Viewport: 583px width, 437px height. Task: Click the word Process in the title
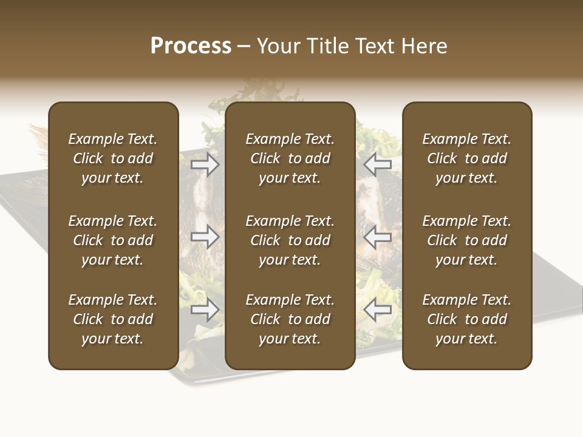click(191, 46)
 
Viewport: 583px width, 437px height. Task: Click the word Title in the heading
click(327, 46)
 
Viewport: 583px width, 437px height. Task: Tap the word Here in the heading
click(424, 46)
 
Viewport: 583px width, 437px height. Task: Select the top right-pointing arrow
click(205, 164)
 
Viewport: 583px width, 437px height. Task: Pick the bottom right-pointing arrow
click(205, 310)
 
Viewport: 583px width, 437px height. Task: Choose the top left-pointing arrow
click(378, 164)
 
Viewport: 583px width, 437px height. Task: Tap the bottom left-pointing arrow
click(378, 310)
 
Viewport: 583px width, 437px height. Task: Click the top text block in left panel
click(113, 158)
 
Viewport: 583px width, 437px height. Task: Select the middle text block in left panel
click(113, 240)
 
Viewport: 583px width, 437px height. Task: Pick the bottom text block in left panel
click(113, 319)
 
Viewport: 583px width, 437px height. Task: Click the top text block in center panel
click(290, 158)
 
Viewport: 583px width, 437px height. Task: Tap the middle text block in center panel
click(290, 240)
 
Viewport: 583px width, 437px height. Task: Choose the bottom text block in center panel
click(290, 319)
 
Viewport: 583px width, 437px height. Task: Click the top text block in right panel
click(467, 158)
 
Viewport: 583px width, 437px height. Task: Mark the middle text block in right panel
click(467, 240)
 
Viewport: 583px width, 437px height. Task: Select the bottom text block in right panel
click(467, 319)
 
